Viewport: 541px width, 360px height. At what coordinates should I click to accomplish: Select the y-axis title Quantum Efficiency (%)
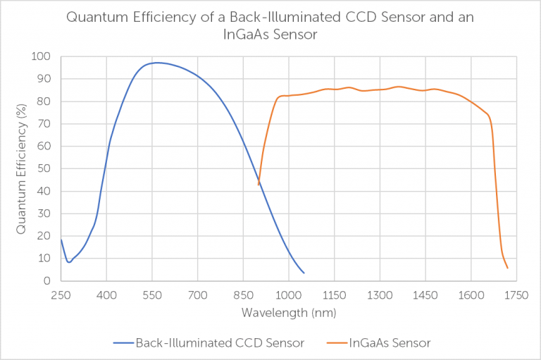22,168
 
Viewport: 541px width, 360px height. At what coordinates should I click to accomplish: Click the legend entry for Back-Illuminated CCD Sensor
209,343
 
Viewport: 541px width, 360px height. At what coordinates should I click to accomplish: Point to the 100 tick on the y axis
41,56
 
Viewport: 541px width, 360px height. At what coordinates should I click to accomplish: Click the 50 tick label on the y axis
44,168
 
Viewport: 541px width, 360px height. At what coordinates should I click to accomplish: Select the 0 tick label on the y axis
46,280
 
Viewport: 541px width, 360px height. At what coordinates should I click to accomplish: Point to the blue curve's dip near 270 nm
68,262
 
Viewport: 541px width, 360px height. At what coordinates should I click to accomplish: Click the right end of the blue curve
304,273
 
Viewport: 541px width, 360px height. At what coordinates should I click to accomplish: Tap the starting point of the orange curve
259,185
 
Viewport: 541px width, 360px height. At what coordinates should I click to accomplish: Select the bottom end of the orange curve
507,268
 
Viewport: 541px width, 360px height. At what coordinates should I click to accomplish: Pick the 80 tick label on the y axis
44,101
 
